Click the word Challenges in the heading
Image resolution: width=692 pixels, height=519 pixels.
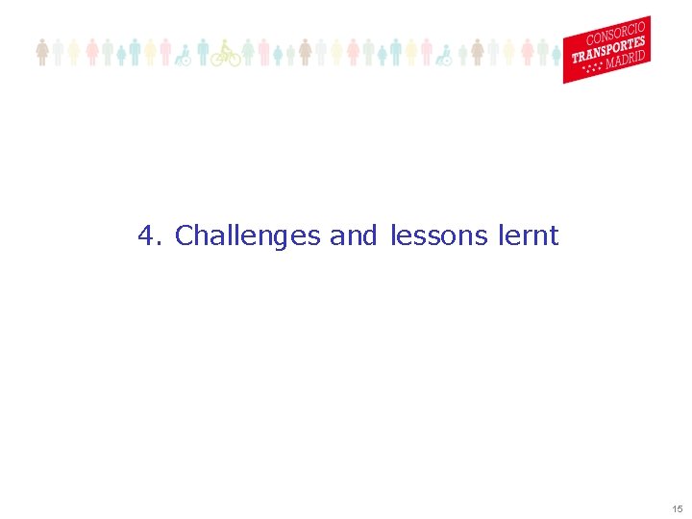coord(247,235)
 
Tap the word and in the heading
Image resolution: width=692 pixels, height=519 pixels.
coord(353,235)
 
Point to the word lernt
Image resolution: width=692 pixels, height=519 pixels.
coord(528,235)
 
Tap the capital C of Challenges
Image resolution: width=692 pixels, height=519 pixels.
coord(185,235)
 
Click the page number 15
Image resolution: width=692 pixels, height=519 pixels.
coord(678,508)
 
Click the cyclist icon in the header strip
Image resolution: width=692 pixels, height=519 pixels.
coord(226,53)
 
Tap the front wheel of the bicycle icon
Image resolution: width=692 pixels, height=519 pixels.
coord(234,59)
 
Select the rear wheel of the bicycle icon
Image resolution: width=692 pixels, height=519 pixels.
coord(218,59)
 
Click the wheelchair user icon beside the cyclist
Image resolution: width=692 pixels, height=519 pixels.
coord(182,55)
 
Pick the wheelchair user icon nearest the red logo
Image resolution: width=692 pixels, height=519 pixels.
coord(443,55)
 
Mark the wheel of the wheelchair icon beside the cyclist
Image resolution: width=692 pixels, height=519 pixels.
coord(184,60)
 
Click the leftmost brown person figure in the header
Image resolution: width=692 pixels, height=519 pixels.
coord(42,52)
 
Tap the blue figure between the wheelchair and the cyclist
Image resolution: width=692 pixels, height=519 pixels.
coord(203,52)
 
